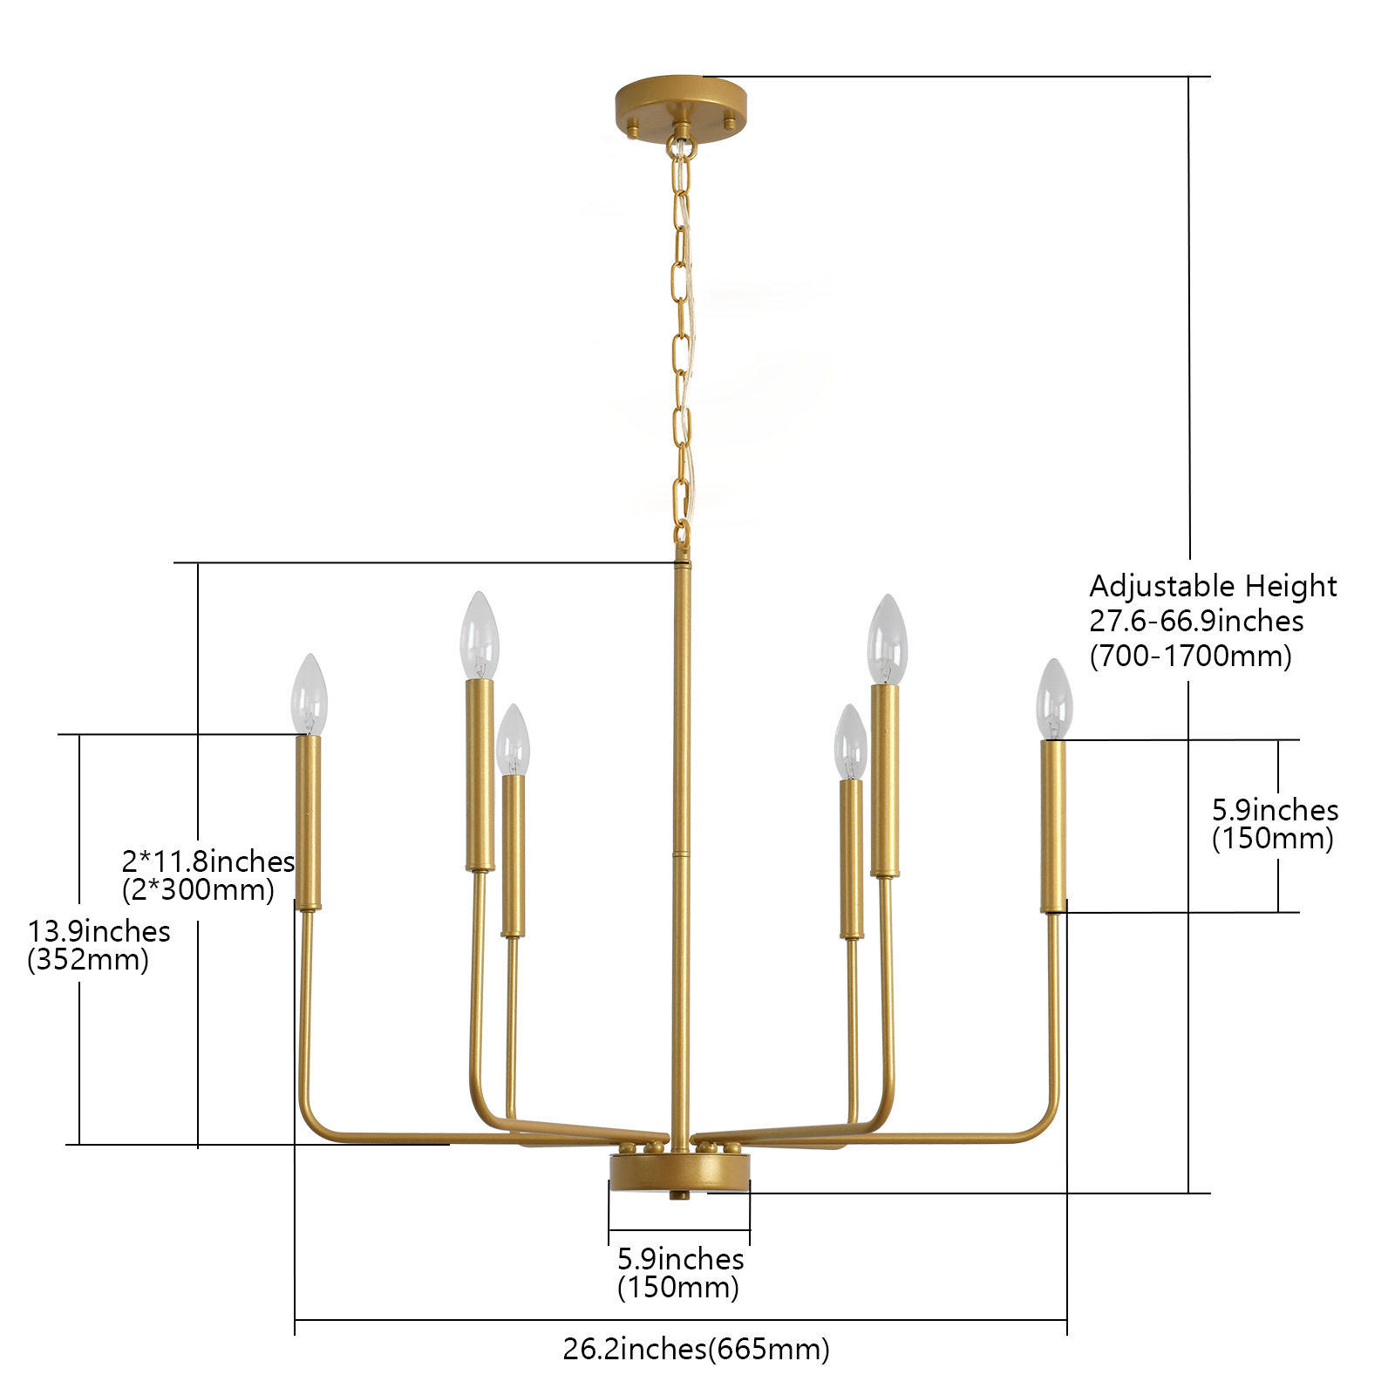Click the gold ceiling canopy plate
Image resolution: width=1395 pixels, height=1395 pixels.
680,100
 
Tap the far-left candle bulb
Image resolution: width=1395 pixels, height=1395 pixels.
309,696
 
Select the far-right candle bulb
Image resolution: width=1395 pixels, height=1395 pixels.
1053,700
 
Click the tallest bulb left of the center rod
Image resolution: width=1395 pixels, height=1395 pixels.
479,636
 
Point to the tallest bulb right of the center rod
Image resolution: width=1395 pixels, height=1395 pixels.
888,640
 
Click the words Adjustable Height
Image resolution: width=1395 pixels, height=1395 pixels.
1212,586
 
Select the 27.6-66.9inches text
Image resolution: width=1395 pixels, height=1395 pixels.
1196,621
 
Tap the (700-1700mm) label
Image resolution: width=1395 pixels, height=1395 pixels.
1190,656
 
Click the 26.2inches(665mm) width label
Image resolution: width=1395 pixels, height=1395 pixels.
696,1349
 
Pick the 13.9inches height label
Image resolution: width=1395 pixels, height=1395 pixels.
99,931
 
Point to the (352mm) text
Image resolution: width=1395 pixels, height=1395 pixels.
88,960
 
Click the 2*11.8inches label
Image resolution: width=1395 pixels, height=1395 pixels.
208,861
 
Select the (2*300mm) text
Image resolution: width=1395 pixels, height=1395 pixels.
199,890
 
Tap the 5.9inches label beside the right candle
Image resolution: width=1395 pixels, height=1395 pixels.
1275,810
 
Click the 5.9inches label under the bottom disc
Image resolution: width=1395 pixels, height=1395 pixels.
680,1259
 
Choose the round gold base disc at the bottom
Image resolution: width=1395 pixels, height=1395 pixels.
679,1173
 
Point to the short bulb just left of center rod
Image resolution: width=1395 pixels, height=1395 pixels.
513,740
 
